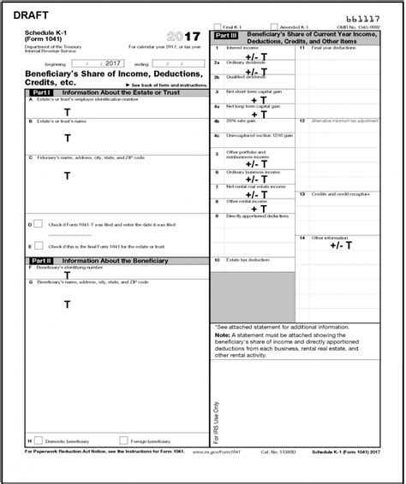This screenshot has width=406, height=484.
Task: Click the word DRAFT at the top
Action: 30,13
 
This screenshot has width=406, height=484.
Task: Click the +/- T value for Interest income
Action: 258,55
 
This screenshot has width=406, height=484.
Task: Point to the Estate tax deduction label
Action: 246,257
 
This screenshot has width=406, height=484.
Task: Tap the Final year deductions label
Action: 331,48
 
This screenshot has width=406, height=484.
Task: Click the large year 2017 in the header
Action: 183,37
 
